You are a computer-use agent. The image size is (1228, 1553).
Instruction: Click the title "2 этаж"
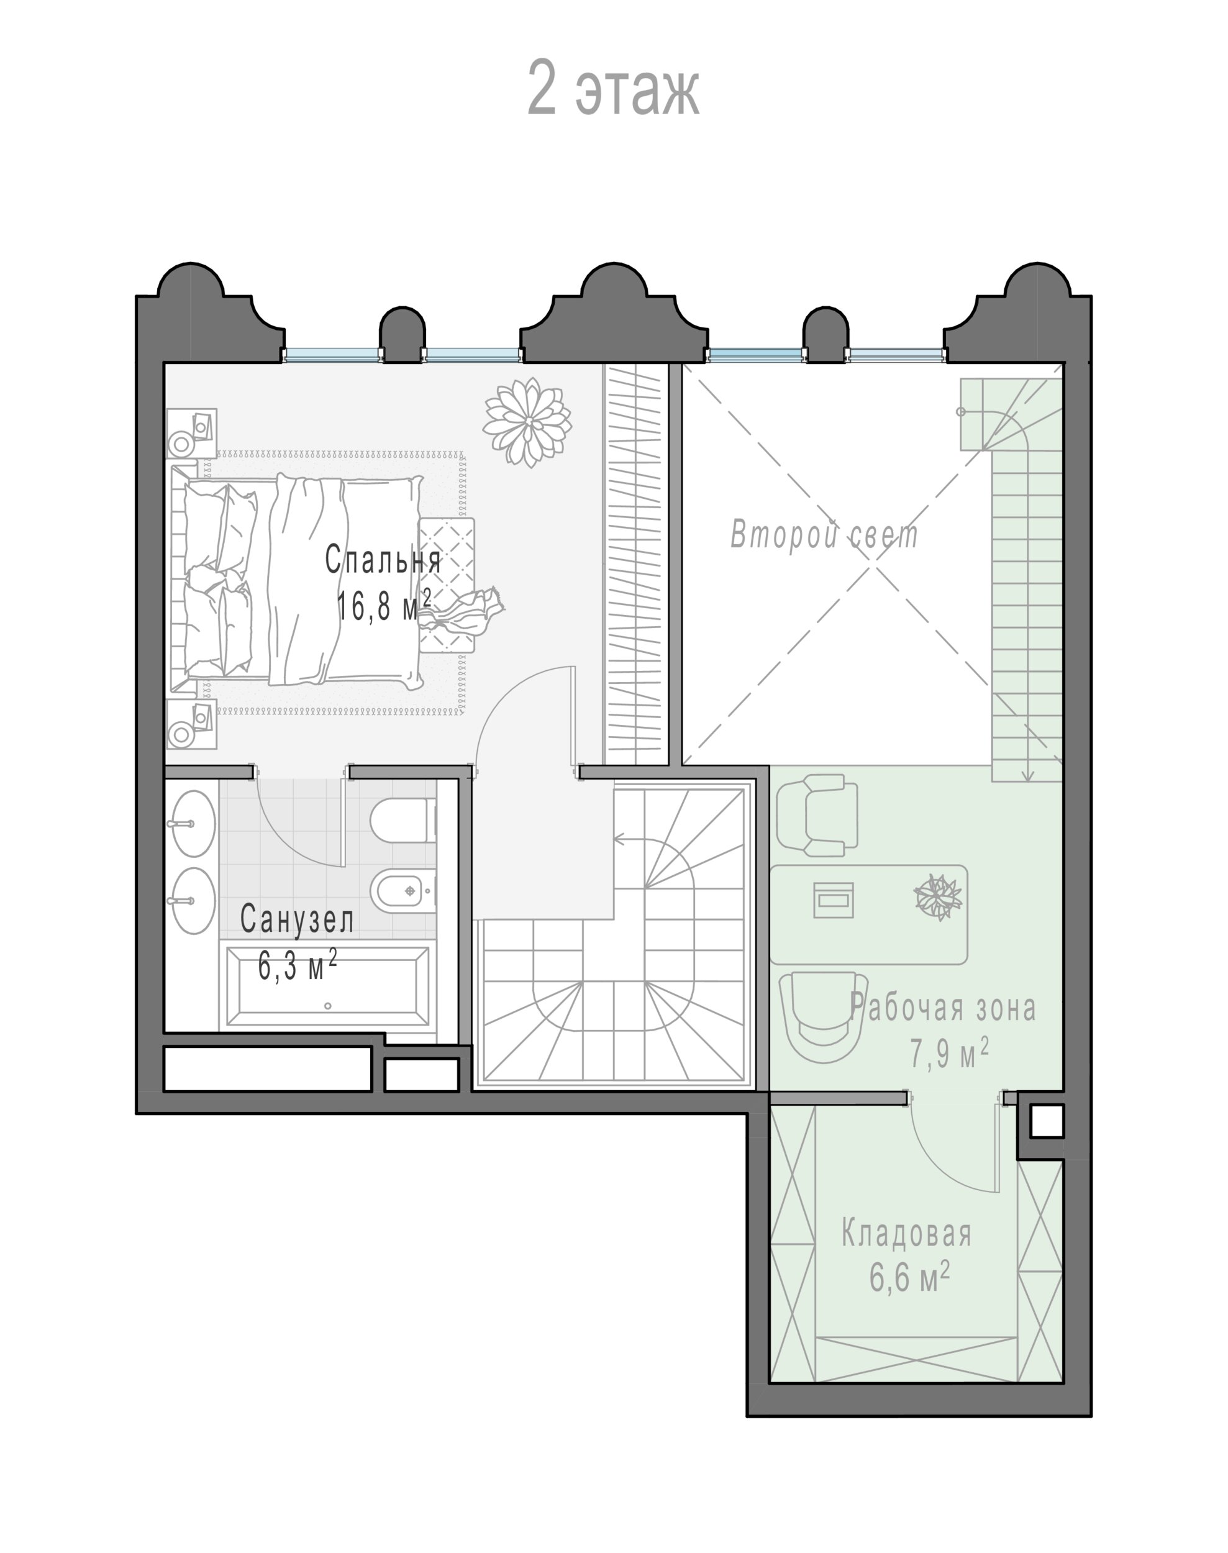[613, 89]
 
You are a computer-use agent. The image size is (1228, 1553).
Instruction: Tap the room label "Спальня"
[383, 560]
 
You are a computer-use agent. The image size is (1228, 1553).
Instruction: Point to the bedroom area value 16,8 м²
[384, 606]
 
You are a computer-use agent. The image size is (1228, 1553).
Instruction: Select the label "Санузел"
[297, 919]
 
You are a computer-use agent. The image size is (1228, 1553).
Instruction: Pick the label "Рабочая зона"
[942, 1008]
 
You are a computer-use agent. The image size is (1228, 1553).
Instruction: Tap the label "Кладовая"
[907, 1234]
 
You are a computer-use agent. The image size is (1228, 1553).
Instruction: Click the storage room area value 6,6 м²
[909, 1280]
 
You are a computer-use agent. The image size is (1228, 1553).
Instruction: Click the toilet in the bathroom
[403, 821]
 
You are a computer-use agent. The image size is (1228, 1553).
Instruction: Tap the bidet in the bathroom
[403, 891]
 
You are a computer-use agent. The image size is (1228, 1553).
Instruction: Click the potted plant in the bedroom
[528, 421]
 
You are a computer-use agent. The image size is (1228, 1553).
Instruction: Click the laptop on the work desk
[834, 899]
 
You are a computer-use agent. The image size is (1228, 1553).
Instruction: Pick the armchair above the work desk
[817, 814]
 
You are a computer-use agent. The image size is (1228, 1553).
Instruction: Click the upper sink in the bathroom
[191, 823]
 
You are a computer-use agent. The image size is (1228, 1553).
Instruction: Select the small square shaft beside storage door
[1047, 1121]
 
